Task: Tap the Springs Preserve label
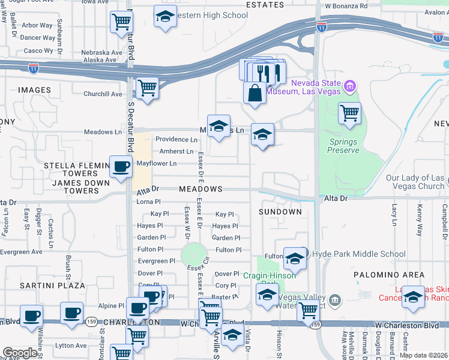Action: [x=343, y=146]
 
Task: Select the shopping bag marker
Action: [x=255, y=94]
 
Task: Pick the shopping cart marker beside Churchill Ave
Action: [x=147, y=88]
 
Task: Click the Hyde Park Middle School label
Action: [x=350, y=254]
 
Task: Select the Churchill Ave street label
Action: [x=103, y=94]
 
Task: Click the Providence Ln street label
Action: [x=176, y=139]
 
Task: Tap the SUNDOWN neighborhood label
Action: [x=280, y=212]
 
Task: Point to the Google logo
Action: [x=20, y=353]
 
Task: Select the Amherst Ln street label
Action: [x=176, y=151]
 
